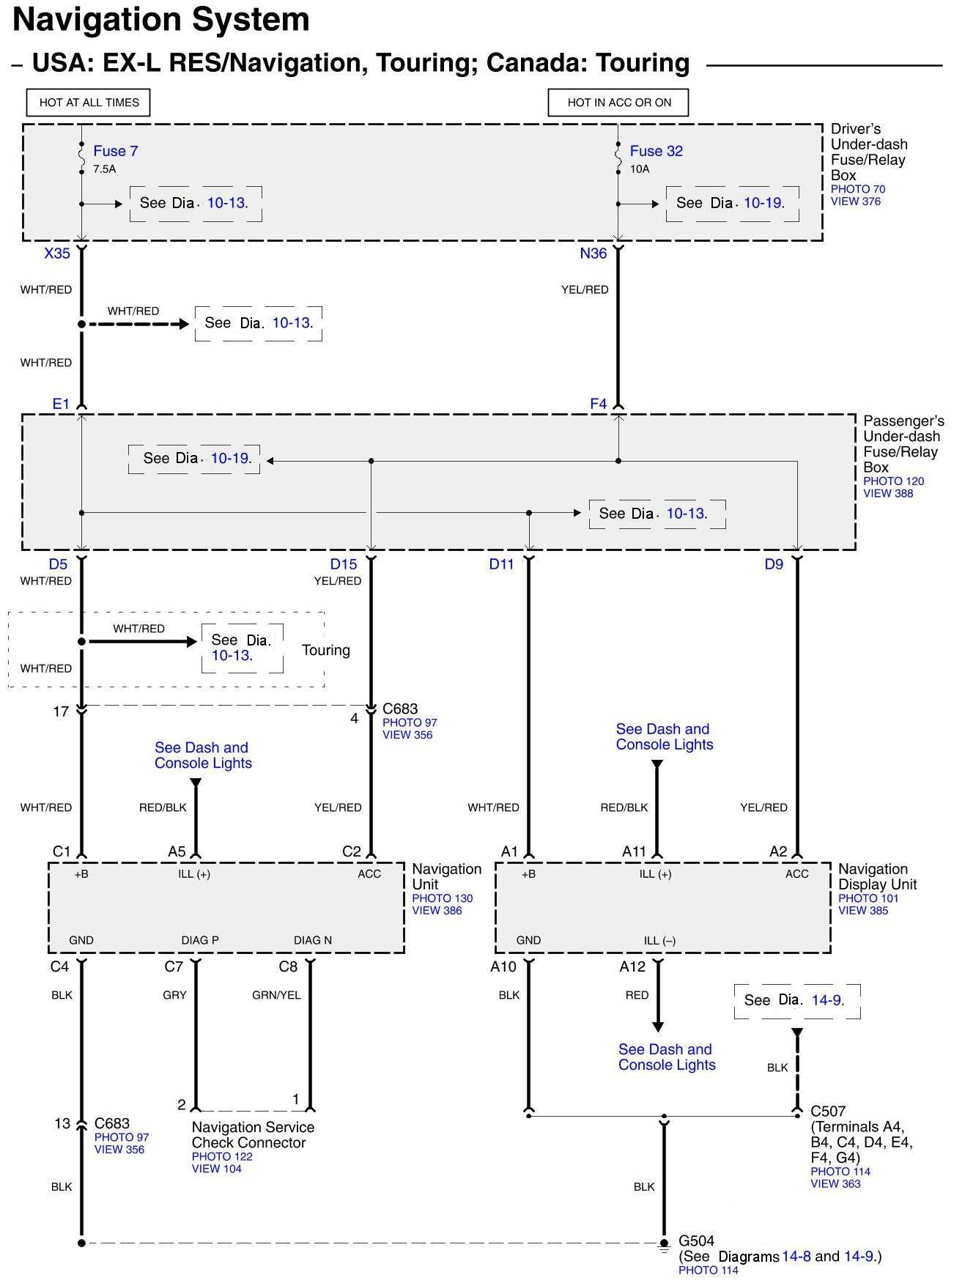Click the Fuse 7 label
point(115,151)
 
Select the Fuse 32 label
point(656,151)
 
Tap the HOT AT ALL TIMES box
point(89,103)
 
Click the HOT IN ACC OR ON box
point(619,103)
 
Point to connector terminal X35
point(57,254)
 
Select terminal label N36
point(593,254)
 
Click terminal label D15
point(344,564)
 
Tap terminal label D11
point(502,564)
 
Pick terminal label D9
point(774,564)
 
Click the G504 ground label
point(696,1241)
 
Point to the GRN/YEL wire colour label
point(276,995)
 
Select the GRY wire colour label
point(174,995)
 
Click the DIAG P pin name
point(200,940)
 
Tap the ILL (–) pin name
point(659,941)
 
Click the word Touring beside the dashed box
point(326,651)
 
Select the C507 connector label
point(828,1112)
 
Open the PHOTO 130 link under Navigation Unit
point(442,898)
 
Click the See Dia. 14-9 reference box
point(796,1001)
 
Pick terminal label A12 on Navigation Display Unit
point(632,967)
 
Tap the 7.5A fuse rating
point(104,169)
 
